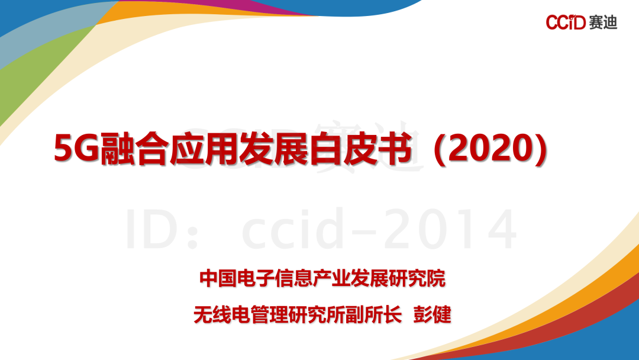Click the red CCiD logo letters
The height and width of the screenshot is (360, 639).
point(566,22)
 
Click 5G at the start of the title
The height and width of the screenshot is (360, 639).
point(77,149)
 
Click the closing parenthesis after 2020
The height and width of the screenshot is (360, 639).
point(540,149)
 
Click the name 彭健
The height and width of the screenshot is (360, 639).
point(433,315)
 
